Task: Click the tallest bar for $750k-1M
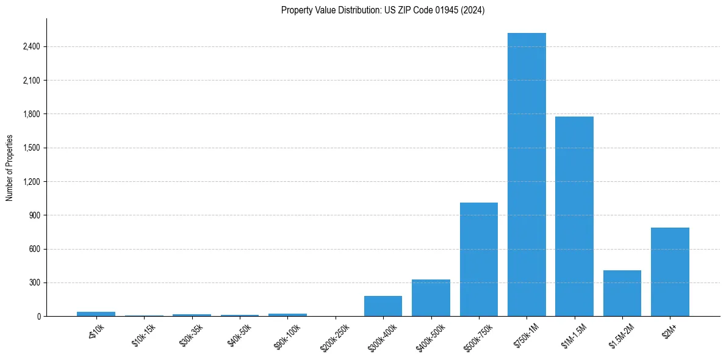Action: coord(527,175)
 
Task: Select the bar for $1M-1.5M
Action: coord(574,216)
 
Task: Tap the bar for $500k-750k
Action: coord(478,259)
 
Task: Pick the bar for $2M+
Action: coord(670,272)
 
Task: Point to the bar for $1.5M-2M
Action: coord(622,293)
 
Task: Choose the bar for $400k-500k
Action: coord(431,298)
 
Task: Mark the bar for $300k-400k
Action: coord(383,306)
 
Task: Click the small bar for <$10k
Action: coord(96,314)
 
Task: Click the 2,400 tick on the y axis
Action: coord(31,46)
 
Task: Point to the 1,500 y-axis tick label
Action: coord(31,148)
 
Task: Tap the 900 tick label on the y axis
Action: coord(35,215)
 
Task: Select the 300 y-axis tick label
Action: coord(35,283)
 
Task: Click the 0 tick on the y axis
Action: coord(38,317)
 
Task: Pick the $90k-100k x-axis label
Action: coord(287,336)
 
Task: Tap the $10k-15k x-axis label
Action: coord(144,336)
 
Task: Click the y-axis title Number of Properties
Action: coord(10,168)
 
